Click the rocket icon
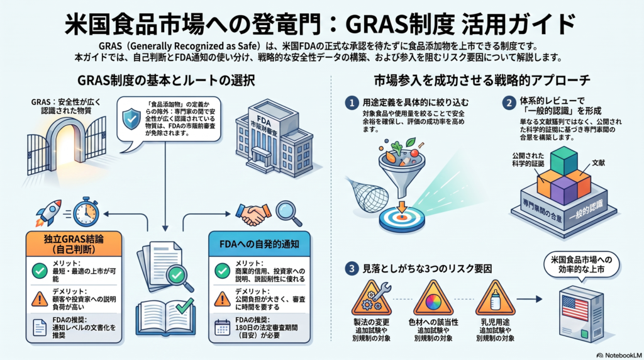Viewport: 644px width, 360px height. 48,213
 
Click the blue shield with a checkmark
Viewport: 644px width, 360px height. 131,119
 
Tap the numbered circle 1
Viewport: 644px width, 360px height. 352,103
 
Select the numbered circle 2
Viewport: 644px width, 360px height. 509,103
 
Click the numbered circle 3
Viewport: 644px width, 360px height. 352,269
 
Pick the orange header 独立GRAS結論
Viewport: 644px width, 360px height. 74,244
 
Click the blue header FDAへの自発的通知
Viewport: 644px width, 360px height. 259,244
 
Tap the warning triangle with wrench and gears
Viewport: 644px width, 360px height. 372,298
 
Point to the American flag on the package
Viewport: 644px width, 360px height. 575,308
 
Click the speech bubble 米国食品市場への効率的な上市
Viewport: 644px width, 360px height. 581,265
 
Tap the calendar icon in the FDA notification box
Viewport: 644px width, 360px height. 222,327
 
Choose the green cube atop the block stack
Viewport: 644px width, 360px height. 564,160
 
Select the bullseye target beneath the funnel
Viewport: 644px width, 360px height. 401,220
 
